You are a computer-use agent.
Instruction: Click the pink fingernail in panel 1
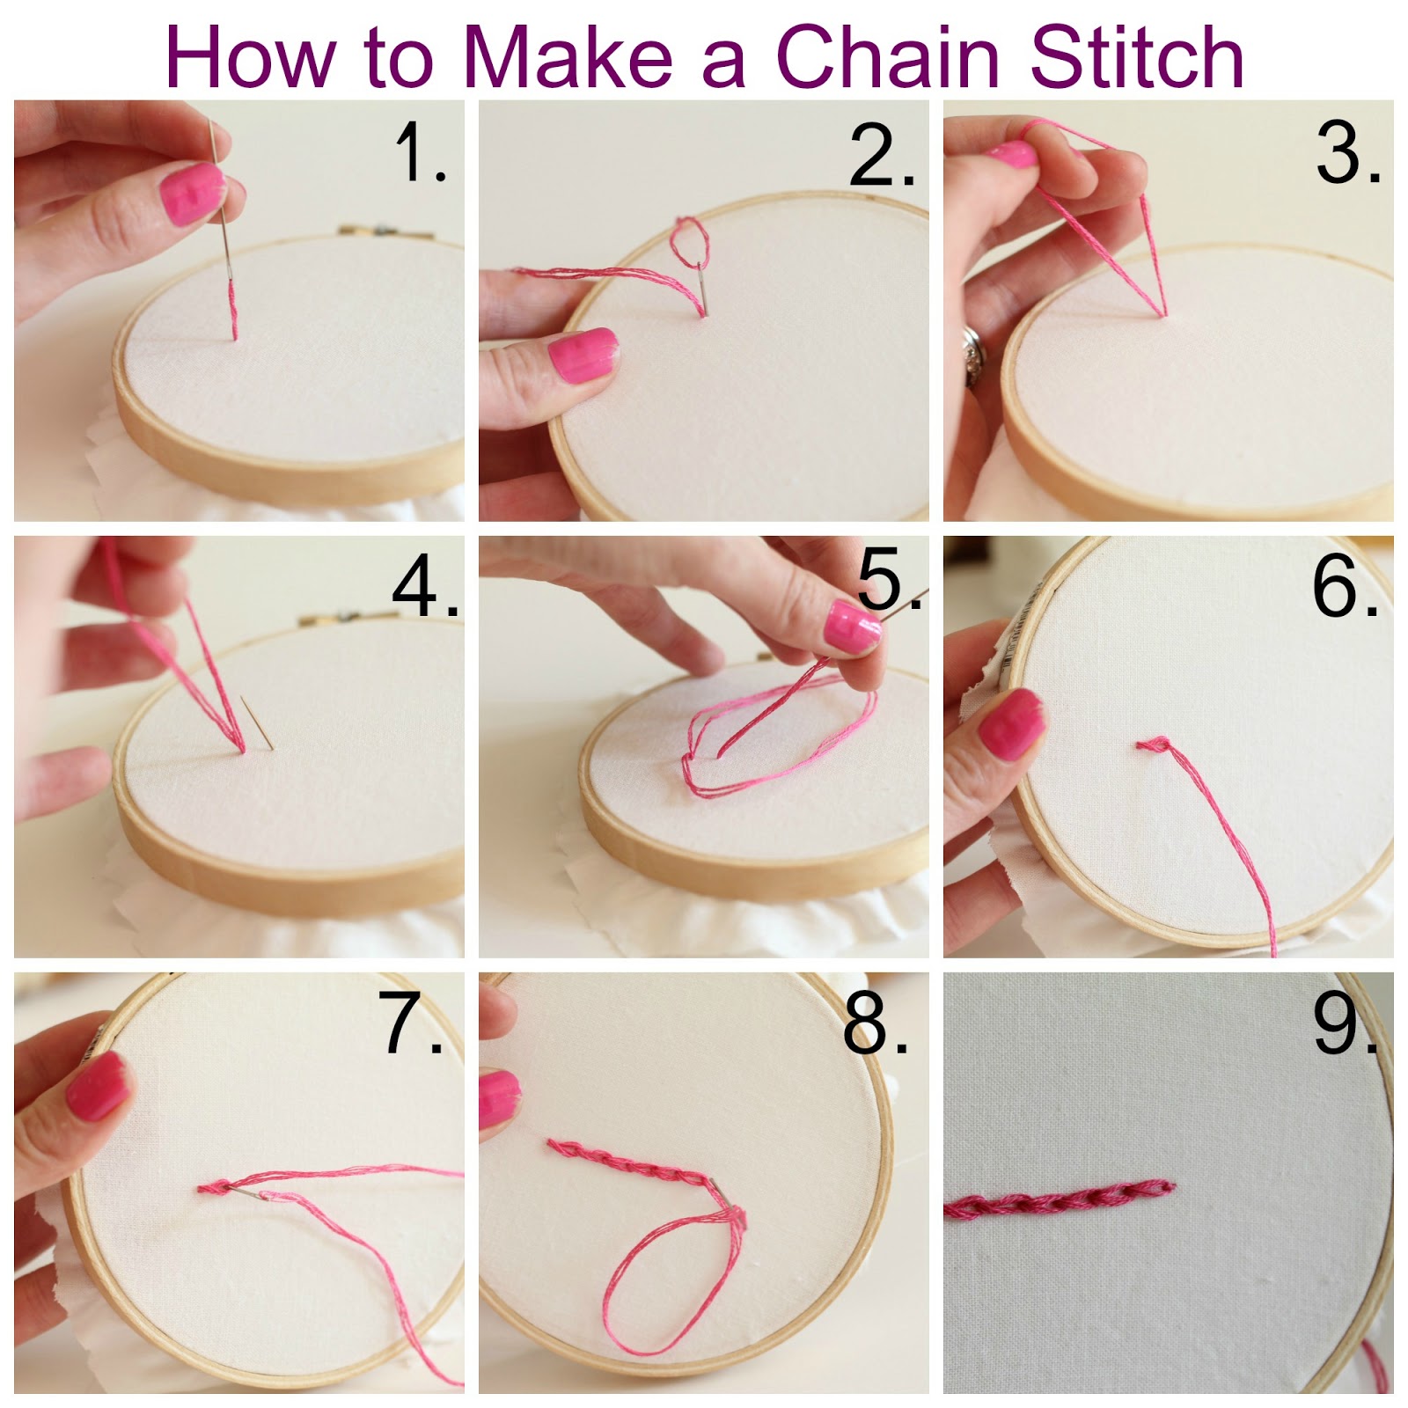(187, 194)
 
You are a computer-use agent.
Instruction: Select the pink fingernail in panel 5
(851, 627)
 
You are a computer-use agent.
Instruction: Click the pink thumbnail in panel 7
(97, 1087)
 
